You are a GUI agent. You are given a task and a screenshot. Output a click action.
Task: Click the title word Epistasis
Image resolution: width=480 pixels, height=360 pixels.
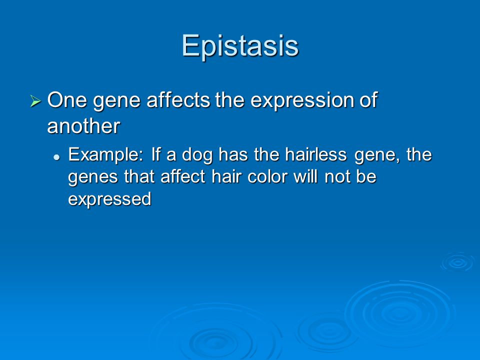tap(240, 45)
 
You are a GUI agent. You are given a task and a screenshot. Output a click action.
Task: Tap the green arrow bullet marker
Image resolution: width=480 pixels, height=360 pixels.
tap(35, 101)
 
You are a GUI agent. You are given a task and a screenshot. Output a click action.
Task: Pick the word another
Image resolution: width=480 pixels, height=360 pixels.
tap(83, 126)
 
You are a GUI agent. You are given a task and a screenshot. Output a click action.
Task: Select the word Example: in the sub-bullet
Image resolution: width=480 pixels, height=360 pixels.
tap(105, 155)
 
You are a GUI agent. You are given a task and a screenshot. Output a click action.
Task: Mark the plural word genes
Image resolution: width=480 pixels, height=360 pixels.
tap(93, 178)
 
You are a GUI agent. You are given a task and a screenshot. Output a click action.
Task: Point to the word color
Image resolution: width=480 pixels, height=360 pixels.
tap(267, 176)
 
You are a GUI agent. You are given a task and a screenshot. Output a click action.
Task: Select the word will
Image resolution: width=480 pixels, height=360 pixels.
tap(305, 176)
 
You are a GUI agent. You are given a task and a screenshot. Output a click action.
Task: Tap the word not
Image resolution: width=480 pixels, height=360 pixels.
tap(336, 177)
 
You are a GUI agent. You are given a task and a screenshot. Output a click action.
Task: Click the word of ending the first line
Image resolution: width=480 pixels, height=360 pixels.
tap(368, 100)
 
